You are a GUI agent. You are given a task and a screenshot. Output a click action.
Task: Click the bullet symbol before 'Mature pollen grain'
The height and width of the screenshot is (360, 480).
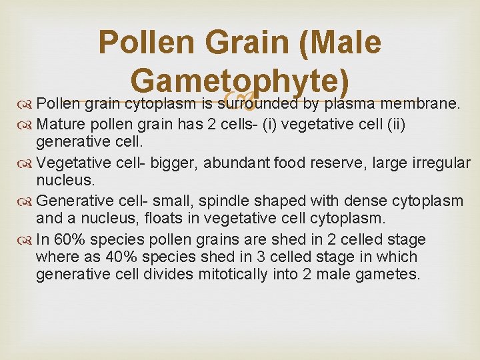pos(27,125)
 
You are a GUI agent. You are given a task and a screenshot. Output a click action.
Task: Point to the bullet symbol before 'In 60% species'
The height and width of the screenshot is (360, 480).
pos(27,240)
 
